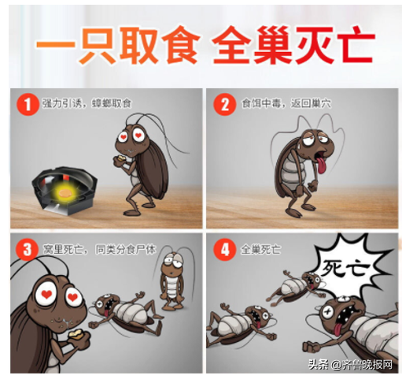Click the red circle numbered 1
click(x=28, y=104)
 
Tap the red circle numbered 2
click(x=225, y=104)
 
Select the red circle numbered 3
click(x=28, y=250)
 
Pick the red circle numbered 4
click(x=225, y=250)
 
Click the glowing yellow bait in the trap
click(x=64, y=193)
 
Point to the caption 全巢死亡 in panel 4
click(x=260, y=249)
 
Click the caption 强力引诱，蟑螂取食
click(x=87, y=103)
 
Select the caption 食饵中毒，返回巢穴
click(x=286, y=103)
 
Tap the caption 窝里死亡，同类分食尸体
click(x=99, y=249)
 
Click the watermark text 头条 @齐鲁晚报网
click(x=350, y=364)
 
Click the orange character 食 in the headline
click(x=181, y=45)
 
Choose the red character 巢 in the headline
click(x=273, y=45)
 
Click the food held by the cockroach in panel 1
click(x=121, y=158)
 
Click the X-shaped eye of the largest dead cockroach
click(x=327, y=312)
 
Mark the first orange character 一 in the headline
click(x=56, y=45)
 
